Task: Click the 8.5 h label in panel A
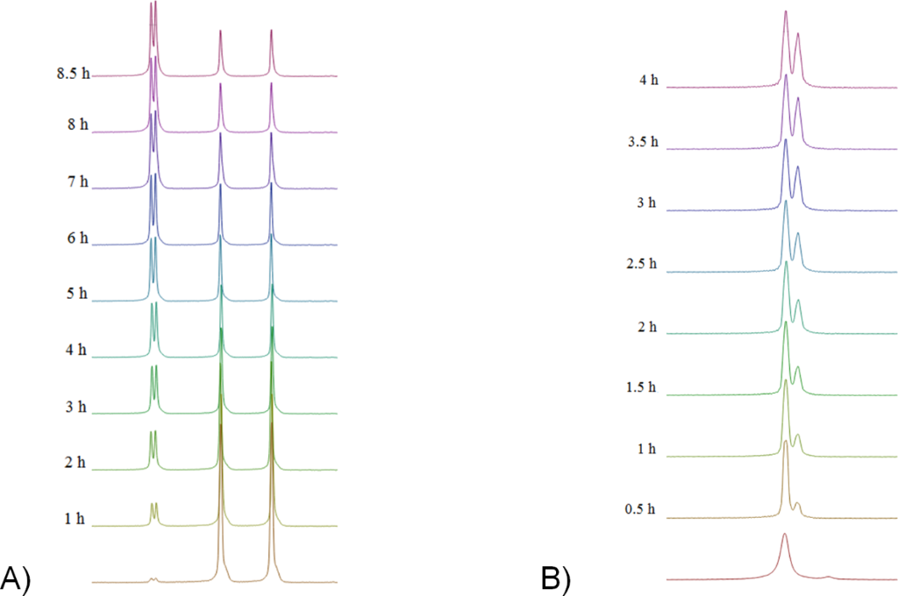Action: (x=73, y=74)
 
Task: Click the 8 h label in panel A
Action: (x=76, y=125)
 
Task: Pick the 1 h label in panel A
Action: (x=75, y=518)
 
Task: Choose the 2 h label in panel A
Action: (x=76, y=462)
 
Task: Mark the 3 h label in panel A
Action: (x=76, y=407)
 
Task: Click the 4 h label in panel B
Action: (x=649, y=81)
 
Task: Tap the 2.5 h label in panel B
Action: (x=643, y=264)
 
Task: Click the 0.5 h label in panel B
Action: (x=640, y=509)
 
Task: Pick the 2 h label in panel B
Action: (x=647, y=326)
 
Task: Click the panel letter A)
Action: (x=18, y=578)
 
